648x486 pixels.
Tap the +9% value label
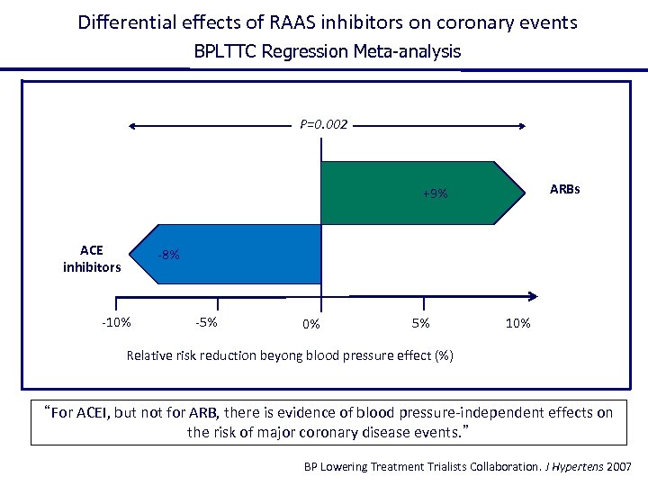(435, 193)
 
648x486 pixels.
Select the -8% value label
(167, 255)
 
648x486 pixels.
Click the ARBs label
(565, 190)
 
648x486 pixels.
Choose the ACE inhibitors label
(92, 258)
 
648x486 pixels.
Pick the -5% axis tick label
(205, 322)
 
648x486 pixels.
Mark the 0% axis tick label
(311, 324)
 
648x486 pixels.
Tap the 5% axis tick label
(420, 323)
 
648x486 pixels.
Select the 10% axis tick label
(518, 323)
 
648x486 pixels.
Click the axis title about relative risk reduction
(290, 355)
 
